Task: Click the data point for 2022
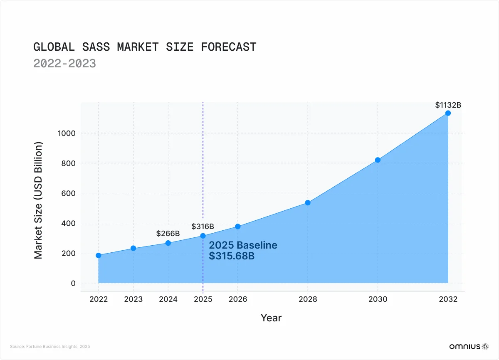(99, 255)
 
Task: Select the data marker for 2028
(308, 202)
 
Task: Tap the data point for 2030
(378, 160)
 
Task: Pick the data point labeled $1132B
(448, 113)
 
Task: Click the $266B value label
(168, 234)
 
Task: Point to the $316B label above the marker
(203, 227)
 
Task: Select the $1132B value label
(448, 105)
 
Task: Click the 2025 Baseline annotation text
(243, 245)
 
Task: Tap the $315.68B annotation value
(232, 256)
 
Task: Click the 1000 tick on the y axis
(67, 133)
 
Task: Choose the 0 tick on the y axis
(73, 283)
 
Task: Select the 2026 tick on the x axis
(237, 299)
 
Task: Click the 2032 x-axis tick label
(448, 299)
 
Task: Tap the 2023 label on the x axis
(133, 299)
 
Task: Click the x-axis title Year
(271, 318)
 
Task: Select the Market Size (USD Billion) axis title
(39, 201)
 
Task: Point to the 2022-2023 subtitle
(64, 63)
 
